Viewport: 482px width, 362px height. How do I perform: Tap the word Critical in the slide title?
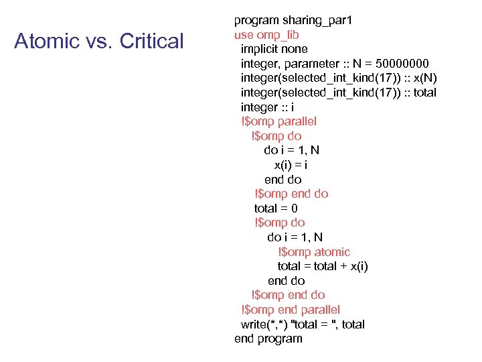[151, 42]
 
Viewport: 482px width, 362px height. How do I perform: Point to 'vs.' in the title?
[98, 42]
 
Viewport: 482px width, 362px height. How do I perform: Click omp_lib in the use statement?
[276, 35]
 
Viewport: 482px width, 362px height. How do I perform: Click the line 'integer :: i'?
[268, 107]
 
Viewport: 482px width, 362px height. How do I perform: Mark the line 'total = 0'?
[276, 208]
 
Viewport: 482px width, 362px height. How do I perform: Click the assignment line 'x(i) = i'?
[291, 165]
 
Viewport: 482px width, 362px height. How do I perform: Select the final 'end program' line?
[268, 339]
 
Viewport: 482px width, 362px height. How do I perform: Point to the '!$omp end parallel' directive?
[291, 310]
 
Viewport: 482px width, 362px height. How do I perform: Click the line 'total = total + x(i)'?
[323, 266]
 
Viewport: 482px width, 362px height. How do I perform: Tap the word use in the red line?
[243, 35]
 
